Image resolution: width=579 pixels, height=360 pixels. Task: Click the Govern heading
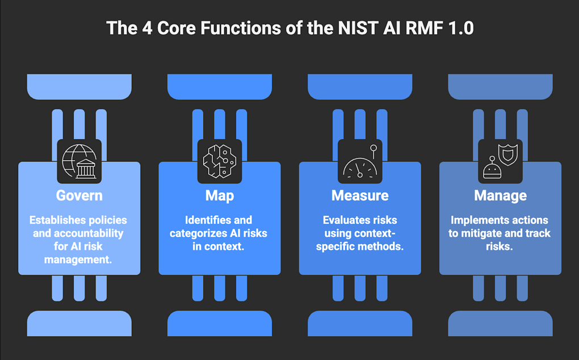[79, 196]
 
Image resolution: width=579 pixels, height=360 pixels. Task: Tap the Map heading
[220, 196]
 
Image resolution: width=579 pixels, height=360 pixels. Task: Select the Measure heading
[360, 196]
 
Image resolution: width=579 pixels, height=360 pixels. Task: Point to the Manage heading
[500, 196]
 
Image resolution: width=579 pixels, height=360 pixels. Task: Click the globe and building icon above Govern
[79, 161]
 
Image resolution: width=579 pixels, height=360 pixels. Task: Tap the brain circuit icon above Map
[220, 161]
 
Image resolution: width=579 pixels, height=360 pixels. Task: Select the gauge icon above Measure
[360, 161]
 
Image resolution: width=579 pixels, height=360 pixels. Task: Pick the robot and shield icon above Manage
[500, 161]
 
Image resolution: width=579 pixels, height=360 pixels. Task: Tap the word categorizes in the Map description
[199, 233]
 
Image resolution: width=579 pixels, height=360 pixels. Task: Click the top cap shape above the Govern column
[79, 86]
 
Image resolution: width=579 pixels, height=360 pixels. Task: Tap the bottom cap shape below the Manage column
[500, 323]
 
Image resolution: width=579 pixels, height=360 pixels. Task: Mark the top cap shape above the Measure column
[360, 86]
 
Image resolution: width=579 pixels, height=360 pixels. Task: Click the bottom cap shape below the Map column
[220, 323]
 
